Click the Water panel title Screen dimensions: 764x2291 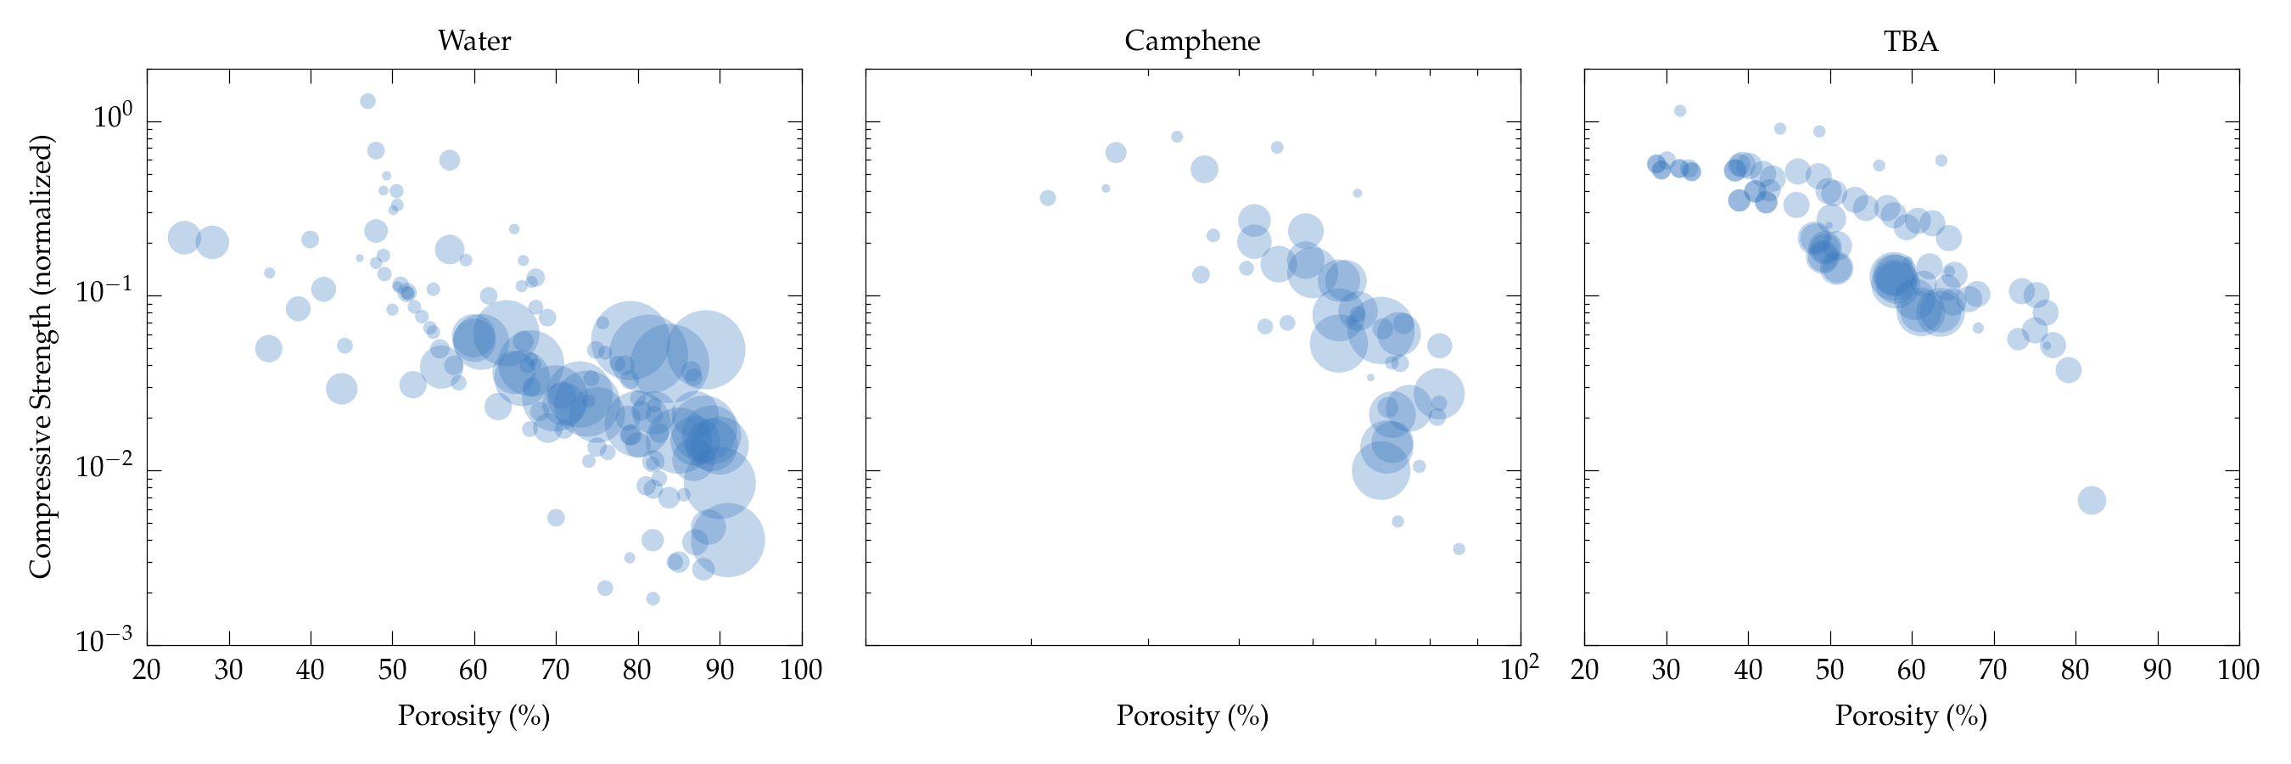[474, 41]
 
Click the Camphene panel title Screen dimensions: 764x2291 [1192, 41]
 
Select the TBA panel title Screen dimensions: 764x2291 [1910, 41]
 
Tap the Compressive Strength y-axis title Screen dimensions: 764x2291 [41, 356]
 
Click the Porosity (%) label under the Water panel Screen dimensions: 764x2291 [474, 716]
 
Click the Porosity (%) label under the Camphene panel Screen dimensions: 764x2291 [1192, 716]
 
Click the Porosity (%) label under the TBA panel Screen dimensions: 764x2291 [1910, 716]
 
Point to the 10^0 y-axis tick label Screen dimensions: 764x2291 [112, 116]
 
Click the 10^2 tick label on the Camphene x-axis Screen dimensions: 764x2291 [1519, 668]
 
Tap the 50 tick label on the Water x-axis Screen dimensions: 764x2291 [392, 670]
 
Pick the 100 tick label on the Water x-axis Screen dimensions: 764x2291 [800, 670]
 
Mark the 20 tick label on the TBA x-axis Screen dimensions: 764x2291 [1585, 670]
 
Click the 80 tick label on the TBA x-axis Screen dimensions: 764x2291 [2075, 670]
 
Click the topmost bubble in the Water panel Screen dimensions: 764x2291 [367, 101]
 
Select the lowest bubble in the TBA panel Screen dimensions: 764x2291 [2092, 501]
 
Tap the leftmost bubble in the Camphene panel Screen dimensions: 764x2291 [1048, 199]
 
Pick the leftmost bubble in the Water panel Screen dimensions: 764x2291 [184, 238]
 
